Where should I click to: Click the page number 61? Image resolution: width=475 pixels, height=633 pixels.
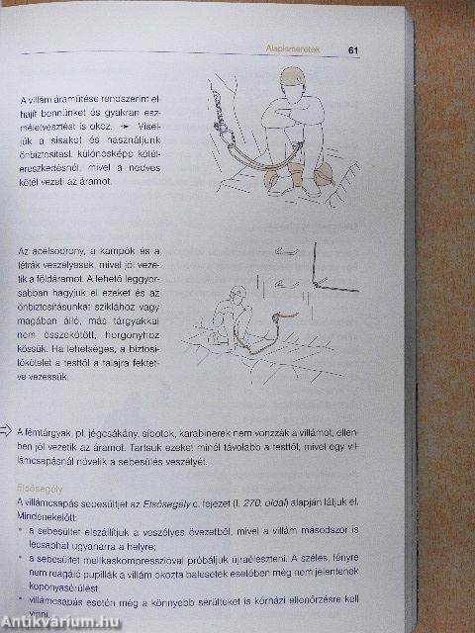point(352,50)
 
